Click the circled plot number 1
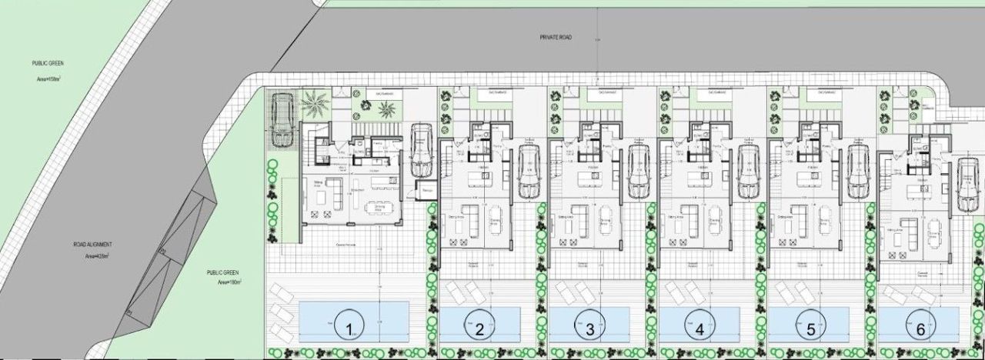coord(351,330)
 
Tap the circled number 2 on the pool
coord(479,330)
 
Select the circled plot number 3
coord(589,330)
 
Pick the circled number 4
coord(700,330)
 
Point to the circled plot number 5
coord(810,330)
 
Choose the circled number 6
coord(920,330)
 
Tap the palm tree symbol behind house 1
coord(315,101)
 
